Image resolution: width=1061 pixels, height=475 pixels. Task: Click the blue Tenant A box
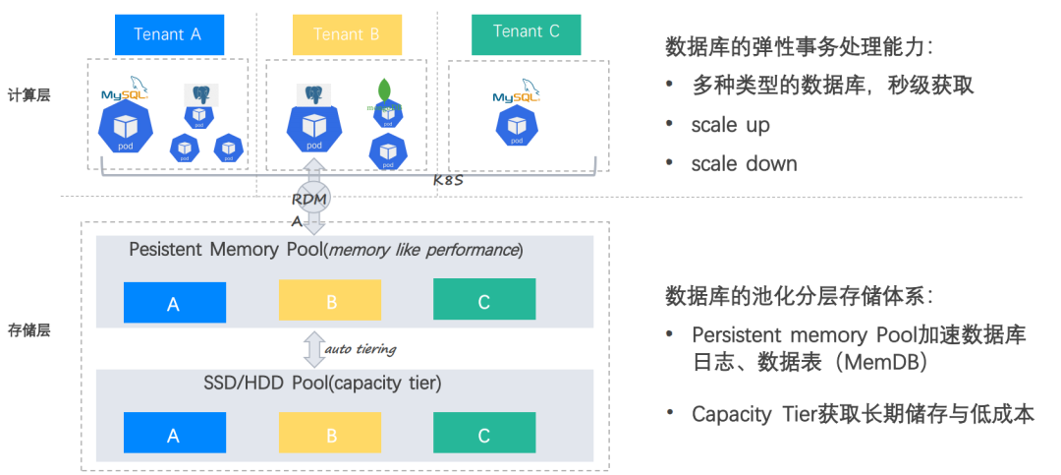tap(169, 34)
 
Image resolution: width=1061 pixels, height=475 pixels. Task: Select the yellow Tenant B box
tap(347, 34)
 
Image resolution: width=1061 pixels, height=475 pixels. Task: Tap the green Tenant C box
tap(526, 33)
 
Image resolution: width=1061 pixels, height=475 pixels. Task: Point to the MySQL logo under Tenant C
tap(518, 95)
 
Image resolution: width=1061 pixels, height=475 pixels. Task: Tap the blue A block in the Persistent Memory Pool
tap(175, 303)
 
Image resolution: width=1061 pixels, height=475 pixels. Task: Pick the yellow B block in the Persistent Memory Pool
tap(329, 300)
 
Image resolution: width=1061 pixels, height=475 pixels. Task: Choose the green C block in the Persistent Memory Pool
tap(484, 300)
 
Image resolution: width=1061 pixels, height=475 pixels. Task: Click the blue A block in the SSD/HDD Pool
tap(175, 434)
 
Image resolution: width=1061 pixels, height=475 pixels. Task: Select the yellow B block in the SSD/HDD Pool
tap(329, 434)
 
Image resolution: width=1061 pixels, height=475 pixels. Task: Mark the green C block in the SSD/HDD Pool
tap(484, 433)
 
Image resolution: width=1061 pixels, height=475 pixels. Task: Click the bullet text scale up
tap(730, 125)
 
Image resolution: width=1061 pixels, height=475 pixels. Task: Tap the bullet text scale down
tap(744, 163)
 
